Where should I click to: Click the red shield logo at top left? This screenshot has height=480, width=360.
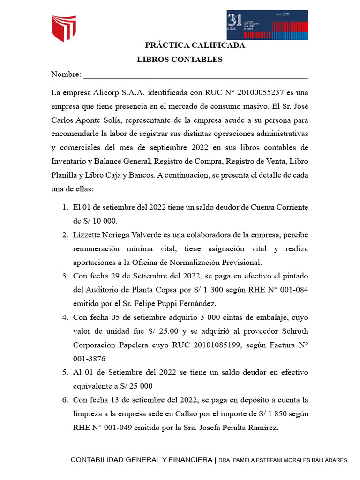64,28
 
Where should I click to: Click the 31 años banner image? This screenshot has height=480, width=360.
267,25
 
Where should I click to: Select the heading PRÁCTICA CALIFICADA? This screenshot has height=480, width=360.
195,45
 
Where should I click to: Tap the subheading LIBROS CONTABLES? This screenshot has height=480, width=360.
180,60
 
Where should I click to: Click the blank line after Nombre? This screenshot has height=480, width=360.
195,75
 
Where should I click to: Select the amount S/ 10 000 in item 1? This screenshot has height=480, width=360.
91,220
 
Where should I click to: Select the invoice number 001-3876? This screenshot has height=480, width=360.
89,359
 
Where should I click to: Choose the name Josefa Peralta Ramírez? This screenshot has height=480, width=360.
239,427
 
